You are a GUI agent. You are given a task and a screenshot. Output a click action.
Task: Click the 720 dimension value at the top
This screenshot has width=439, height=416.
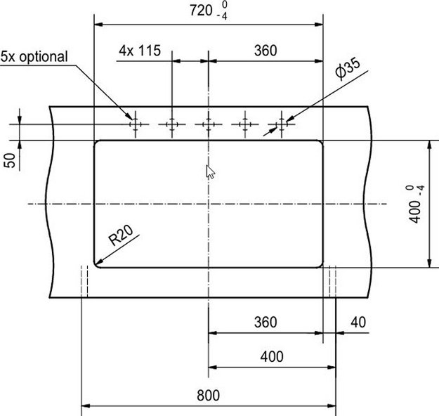pos(201,11)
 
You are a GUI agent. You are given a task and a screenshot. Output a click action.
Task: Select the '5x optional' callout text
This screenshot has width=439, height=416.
pos(34,57)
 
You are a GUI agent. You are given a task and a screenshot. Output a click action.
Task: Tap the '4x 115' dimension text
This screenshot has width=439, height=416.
pos(140,51)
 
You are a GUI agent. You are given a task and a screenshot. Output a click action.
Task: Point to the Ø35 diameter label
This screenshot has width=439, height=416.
pos(348,68)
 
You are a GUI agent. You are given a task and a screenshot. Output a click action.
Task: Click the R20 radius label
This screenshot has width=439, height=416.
pos(121,235)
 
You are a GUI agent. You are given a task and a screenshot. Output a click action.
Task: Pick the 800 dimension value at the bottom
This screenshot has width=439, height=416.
pos(209,395)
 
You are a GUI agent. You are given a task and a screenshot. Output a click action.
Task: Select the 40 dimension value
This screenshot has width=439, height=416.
pos(358,322)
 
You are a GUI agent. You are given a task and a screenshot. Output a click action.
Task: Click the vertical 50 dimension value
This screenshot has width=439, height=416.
pos(10,160)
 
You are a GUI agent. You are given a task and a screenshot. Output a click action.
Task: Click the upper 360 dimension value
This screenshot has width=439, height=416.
pos(266,51)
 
